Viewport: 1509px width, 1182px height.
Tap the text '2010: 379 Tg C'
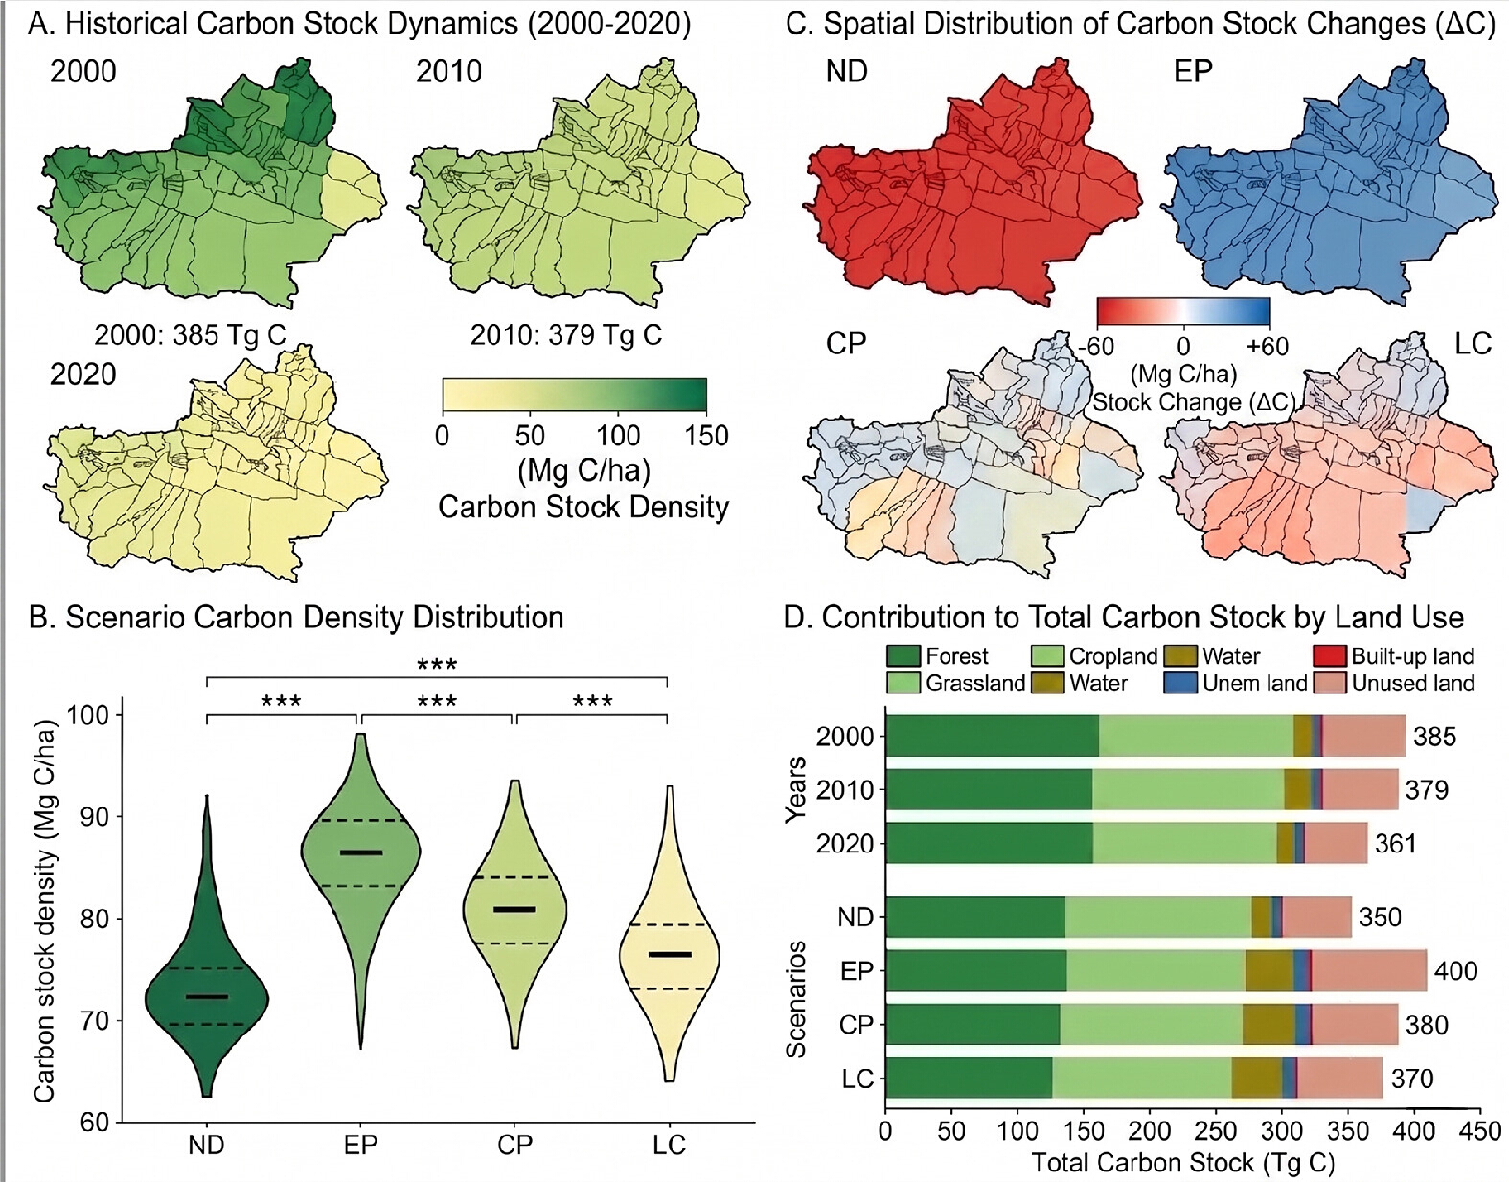tap(566, 335)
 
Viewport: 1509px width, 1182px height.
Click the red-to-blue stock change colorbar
tap(1183, 311)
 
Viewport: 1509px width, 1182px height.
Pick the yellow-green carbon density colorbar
tap(574, 395)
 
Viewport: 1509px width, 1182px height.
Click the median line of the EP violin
tap(361, 852)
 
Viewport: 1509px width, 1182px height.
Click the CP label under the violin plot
tap(514, 1146)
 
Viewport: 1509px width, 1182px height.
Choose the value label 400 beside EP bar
tap(1455, 970)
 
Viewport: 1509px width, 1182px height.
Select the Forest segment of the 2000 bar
tap(993, 736)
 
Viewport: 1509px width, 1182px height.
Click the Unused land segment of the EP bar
tap(1369, 970)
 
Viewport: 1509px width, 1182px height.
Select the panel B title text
tap(296, 617)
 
